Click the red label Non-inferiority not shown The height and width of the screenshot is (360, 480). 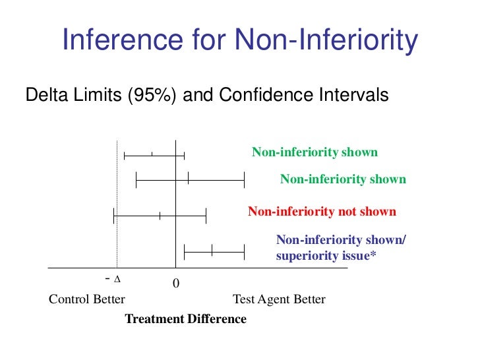(x=322, y=212)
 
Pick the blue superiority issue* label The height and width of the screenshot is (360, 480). (x=326, y=255)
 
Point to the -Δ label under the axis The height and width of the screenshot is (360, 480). (x=113, y=279)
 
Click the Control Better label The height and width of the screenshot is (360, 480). (x=87, y=299)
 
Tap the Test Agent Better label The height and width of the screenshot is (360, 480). (x=279, y=299)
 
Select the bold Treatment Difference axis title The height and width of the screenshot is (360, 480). (x=185, y=319)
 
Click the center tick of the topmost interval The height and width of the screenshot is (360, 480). (x=152, y=156)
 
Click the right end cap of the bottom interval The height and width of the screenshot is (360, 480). (x=244, y=251)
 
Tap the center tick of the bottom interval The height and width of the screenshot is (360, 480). (x=212, y=251)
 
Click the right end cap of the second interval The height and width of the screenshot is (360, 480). (x=244, y=179)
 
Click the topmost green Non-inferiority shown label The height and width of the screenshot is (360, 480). (x=315, y=152)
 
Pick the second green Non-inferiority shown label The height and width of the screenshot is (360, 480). (x=343, y=179)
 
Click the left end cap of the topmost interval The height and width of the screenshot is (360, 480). (x=125, y=156)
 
